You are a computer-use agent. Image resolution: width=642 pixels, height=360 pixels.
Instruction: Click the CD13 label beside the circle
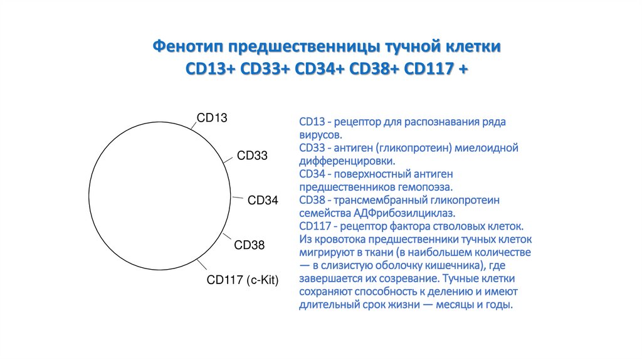(212, 118)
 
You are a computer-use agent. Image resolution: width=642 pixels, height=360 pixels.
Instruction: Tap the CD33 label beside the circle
(252, 156)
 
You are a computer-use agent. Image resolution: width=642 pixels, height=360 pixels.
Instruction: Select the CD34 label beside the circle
(263, 200)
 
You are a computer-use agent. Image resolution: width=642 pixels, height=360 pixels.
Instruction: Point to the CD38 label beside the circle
(250, 245)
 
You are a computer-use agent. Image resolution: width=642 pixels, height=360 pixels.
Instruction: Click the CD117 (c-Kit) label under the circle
(243, 280)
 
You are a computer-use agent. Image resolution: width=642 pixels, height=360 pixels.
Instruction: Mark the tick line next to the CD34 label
(238, 198)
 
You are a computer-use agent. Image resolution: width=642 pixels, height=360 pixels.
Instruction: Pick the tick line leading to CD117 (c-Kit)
(201, 264)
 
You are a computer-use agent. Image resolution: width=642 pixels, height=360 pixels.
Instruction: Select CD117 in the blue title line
(429, 69)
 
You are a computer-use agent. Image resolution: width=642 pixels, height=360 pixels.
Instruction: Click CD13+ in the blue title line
(211, 69)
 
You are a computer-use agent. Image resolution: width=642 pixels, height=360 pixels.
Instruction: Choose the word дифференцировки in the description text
(346, 161)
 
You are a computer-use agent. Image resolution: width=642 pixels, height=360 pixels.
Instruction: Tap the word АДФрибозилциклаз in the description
(403, 213)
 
